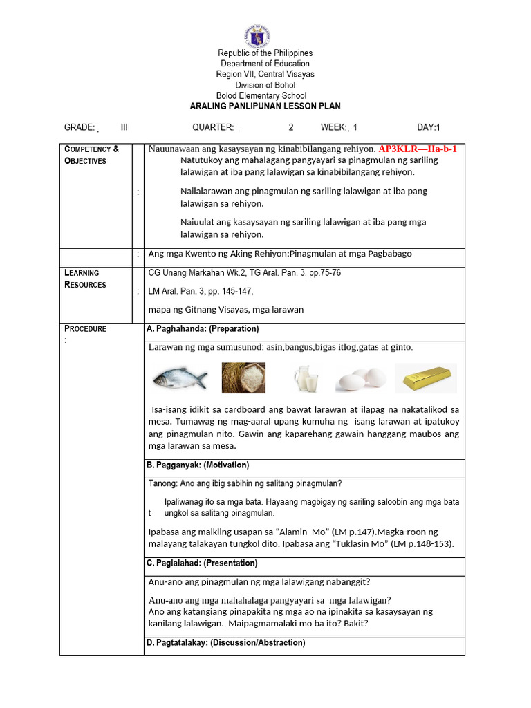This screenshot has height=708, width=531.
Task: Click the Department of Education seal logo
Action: [257, 36]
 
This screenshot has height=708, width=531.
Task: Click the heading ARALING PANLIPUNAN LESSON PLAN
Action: [265, 106]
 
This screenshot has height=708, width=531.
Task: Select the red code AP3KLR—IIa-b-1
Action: [418, 149]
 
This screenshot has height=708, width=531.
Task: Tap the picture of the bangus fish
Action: [180, 378]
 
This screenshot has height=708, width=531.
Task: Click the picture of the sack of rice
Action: [243, 378]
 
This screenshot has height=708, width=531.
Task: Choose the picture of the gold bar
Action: [425, 378]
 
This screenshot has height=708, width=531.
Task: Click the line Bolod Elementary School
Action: [261, 96]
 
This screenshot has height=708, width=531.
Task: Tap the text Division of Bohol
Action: [265, 85]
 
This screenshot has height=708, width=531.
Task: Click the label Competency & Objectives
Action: [91, 155]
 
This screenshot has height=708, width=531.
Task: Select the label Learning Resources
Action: [85, 279]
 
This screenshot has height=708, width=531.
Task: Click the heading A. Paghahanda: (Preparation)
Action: [203, 328]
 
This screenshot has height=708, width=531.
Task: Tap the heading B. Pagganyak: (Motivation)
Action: [198, 465]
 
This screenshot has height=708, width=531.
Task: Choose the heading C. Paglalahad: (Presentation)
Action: [202, 563]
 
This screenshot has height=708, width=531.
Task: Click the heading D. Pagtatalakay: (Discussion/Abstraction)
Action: [225, 642]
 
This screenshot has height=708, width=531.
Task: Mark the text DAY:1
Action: [429, 127]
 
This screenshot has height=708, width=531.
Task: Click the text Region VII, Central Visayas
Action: [265, 75]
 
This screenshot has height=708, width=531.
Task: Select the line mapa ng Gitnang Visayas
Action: [225, 309]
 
